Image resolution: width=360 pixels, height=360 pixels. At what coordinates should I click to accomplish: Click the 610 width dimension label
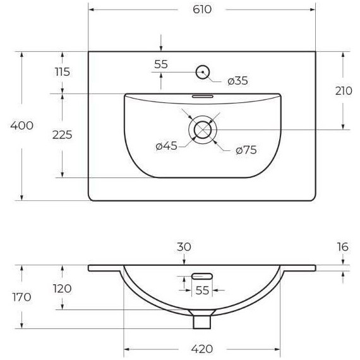click(x=202, y=9)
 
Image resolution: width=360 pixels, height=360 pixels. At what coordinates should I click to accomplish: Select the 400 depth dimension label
click(x=22, y=126)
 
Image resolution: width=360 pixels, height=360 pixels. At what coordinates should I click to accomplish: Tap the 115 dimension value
click(x=63, y=72)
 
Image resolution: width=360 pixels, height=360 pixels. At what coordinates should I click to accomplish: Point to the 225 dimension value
click(x=63, y=135)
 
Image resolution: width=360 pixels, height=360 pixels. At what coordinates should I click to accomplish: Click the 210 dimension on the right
click(x=344, y=91)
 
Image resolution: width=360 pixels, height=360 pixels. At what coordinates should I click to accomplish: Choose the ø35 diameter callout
click(x=237, y=81)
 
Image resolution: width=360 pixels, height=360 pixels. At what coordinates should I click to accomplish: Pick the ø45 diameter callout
click(x=167, y=146)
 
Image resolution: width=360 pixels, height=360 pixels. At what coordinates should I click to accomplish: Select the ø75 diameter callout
click(x=246, y=150)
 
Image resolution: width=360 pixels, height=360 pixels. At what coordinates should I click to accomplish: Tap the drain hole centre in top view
click(x=203, y=130)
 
